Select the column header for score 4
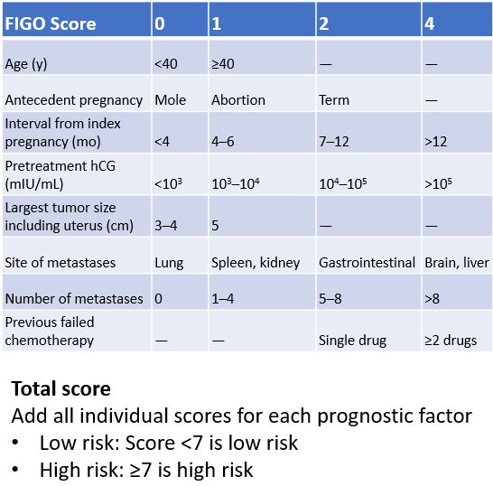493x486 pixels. tap(430, 23)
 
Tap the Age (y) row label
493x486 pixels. tap(30, 64)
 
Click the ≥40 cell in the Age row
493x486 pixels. tap(223, 64)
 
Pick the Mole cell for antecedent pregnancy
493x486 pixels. tap(170, 99)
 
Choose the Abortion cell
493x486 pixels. tap(237, 99)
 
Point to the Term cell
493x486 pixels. tap(334, 99)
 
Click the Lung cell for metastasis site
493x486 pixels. tap(169, 263)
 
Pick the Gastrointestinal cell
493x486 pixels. tap(367, 263)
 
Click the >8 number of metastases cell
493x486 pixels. tap(433, 298)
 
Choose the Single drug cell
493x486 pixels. tap(352, 340)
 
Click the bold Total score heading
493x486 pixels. tap(60, 388)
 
